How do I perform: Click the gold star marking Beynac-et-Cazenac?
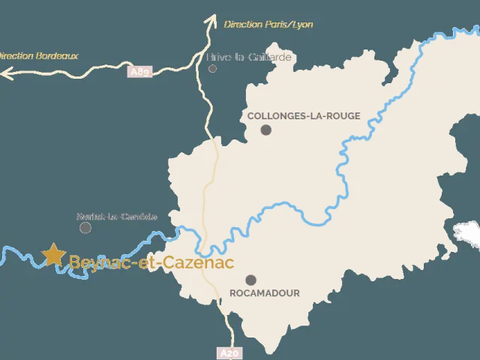[x=53, y=254]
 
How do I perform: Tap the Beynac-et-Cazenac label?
[x=151, y=262]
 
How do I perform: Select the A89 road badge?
[x=140, y=72]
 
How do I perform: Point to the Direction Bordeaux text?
[x=37, y=55]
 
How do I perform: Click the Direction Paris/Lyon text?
[x=268, y=24]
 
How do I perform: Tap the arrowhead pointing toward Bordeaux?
[x=4, y=73]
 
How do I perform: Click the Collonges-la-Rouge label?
[x=303, y=115]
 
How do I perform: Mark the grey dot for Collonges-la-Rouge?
[x=265, y=130]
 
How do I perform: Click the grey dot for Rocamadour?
[x=250, y=280]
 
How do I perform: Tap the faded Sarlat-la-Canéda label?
[x=117, y=217]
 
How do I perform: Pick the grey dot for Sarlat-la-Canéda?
[x=85, y=227]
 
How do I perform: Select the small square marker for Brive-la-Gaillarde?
[x=212, y=68]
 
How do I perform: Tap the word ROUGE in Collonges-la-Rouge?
[x=343, y=115]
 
